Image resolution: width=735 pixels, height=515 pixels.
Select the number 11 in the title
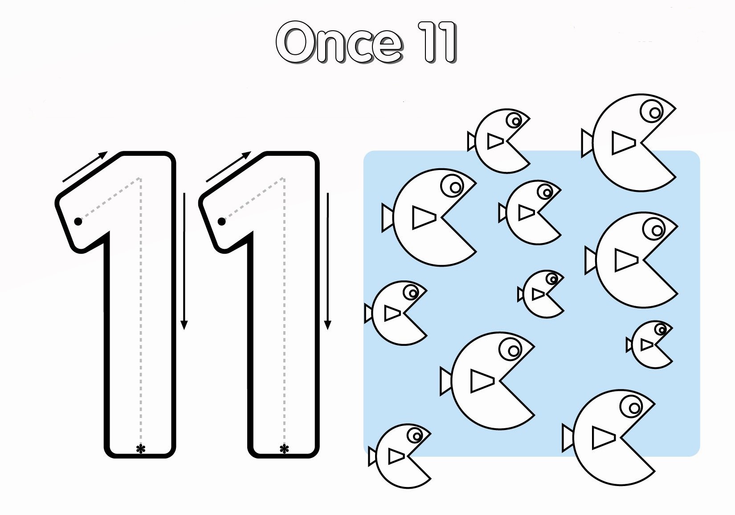point(437,42)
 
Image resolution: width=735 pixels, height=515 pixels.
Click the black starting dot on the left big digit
point(78,222)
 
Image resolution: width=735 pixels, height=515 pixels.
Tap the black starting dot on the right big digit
point(221,222)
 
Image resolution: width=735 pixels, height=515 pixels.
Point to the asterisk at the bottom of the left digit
point(140,449)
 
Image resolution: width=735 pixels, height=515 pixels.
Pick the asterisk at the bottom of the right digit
point(284,449)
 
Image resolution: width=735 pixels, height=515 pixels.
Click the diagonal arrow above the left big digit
point(85,166)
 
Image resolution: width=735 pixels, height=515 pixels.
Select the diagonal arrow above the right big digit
point(229,166)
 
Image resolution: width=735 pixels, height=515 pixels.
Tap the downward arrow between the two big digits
point(184,261)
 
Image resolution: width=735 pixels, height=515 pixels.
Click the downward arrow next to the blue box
point(327,261)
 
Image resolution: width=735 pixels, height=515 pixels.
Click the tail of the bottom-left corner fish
point(372,456)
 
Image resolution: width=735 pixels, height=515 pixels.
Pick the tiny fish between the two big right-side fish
point(649,345)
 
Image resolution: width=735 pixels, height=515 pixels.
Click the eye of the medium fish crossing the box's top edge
point(514,120)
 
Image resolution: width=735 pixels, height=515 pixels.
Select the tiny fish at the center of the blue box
point(541,294)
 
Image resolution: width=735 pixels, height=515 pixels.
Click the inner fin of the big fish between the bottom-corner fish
point(482,381)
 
